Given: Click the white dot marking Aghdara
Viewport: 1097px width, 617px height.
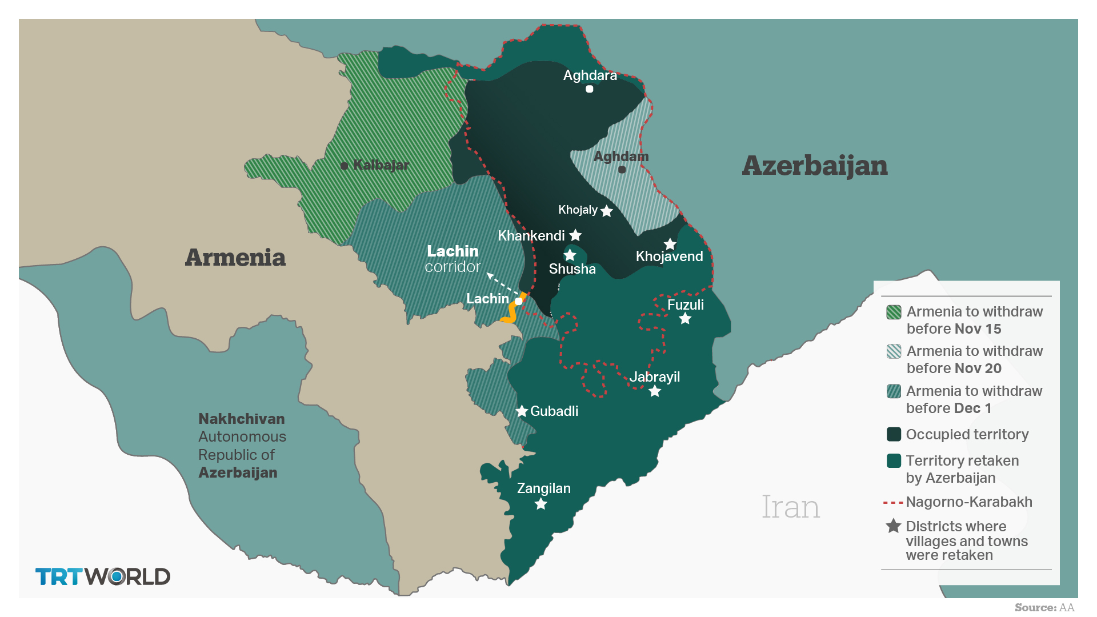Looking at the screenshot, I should tap(590, 89).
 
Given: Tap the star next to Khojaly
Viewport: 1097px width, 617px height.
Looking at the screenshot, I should tap(607, 211).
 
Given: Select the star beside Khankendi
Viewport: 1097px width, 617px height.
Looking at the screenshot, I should tap(575, 235).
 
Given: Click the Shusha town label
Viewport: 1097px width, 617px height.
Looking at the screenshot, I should tap(572, 269).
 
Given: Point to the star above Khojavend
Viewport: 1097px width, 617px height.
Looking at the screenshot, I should tap(670, 245).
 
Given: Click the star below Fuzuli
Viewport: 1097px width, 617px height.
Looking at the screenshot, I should tap(685, 319).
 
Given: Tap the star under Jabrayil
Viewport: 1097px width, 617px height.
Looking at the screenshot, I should tap(655, 391).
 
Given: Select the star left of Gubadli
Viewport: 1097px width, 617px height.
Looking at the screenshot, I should tap(522, 411).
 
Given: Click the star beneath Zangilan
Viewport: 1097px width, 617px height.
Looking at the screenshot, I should tap(541, 504).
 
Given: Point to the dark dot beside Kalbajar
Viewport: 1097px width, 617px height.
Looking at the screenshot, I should tap(345, 166).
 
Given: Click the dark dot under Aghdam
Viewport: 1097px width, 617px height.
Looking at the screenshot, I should tap(622, 170).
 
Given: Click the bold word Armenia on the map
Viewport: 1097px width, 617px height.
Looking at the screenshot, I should tap(235, 258).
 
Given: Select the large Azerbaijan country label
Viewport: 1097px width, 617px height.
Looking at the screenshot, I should tap(814, 166).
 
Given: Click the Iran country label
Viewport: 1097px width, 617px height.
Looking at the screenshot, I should tap(790, 507).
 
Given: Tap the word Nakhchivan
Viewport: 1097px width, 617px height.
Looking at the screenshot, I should tap(241, 419).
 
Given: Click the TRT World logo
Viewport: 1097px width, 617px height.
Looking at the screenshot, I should tap(103, 576).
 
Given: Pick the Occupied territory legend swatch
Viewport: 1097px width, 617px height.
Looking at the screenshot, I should tap(894, 434).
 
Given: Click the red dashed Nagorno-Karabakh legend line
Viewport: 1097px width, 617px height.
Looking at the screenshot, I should tap(892, 503).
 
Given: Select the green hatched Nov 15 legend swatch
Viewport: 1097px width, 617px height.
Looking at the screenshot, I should tap(894, 312).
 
